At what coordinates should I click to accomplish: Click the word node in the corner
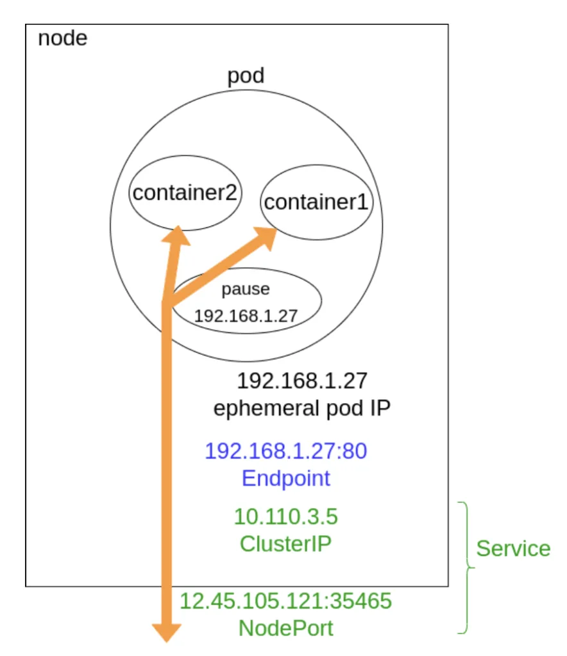coord(63,38)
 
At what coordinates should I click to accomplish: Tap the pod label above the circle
coord(246,76)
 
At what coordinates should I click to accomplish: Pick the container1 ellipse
coord(316,202)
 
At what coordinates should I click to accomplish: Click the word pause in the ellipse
coord(246,289)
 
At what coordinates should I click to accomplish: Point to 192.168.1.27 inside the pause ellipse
coord(247,316)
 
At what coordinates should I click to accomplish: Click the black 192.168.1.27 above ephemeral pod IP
coord(302,381)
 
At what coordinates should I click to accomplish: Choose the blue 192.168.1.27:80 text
coord(286,451)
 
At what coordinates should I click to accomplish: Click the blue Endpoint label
coord(286,478)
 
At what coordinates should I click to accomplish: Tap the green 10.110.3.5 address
coord(285,516)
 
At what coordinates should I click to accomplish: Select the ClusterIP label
coord(285,543)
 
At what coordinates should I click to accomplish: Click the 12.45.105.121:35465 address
coord(285,601)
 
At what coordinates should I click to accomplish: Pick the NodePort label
coord(286,628)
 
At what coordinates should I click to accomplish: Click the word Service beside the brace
coord(513,548)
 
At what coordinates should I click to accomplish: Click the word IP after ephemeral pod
coord(377,409)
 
